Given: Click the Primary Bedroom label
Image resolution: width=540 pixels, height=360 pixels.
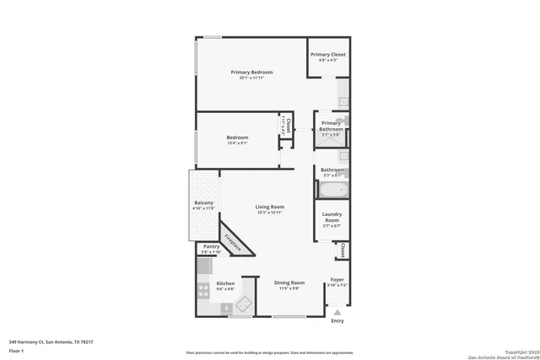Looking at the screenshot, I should point(252,73).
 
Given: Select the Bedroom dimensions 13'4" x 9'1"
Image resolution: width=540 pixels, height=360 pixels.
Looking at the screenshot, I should point(237,143).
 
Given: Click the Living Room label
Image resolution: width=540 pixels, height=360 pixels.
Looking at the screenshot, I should point(270,207).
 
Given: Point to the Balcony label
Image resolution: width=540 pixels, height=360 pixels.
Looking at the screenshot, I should point(203,203).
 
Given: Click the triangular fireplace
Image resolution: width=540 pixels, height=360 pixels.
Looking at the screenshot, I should point(231,241).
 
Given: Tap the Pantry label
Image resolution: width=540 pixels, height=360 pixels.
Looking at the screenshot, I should point(211,247).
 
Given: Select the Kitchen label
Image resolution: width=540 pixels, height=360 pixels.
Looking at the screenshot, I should point(225,283).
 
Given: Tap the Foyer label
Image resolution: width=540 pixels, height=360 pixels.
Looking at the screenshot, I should point(337,279).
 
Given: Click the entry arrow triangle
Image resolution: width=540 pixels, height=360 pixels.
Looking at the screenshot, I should point(337,312).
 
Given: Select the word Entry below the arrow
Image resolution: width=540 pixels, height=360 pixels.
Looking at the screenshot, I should point(337,320).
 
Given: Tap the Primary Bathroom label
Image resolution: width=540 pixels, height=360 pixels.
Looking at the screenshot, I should point(331,125).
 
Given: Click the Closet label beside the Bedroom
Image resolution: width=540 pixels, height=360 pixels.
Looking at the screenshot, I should point(287,127).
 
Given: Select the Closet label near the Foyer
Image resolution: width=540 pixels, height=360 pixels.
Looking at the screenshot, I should point(343,251).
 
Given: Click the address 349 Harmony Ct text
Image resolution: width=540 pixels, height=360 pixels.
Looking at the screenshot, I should point(51,342).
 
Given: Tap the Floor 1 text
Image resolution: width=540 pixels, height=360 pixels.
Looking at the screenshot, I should point(17,351).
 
